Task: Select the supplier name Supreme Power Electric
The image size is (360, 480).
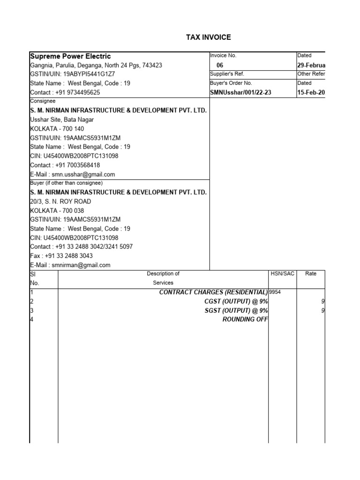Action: click(70, 56)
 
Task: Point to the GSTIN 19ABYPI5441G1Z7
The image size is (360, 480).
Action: click(73, 74)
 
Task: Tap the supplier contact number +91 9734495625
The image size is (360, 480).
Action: click(65, 92)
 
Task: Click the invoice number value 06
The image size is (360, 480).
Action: click(220, 65)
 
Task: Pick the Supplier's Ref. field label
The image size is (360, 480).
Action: click(227, 74)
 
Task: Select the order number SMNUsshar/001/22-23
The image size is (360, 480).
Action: click(240, 93)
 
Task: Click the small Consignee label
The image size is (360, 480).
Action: click(43, 101)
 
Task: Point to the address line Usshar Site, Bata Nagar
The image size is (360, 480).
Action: click(62, 120)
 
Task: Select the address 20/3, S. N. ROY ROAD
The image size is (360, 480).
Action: click(60, 201)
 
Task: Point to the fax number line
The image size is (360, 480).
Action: click(61, 256)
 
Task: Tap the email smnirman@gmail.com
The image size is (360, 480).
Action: click(70, 265)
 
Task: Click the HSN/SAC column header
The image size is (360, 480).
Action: click(283, 274)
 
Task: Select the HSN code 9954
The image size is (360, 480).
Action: click(275, 292)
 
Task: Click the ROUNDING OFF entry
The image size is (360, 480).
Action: click(245, 319)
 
